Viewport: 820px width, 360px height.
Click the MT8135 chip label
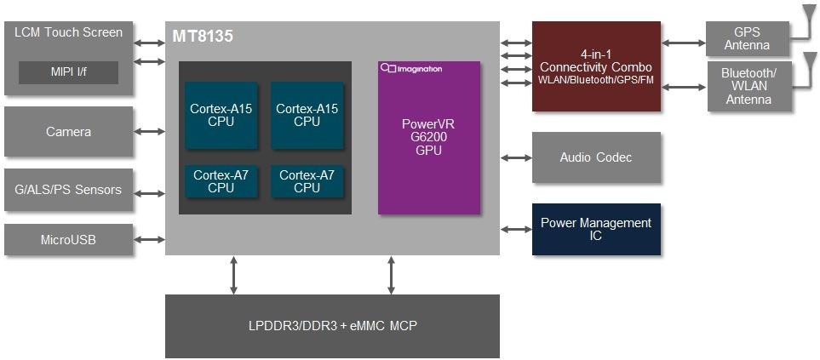[203, 37]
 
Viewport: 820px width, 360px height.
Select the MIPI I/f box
[68, 72]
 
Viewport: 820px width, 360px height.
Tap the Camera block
[68, 132]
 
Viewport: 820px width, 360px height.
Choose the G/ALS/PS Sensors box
[68, 190]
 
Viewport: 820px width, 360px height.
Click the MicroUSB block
[68, 240]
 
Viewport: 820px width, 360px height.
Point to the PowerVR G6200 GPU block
[428, 137]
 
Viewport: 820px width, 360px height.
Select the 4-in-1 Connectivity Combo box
[595, 66]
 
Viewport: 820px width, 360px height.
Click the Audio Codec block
[595, 157]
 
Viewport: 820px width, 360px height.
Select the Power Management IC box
[595, 229]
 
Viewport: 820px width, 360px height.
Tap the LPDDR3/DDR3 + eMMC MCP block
[332, 326]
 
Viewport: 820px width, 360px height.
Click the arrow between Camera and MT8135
[149, 131]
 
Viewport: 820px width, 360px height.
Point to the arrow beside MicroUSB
[149, 240]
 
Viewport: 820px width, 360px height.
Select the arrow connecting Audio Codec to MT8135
[516, 157]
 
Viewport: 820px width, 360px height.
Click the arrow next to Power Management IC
[516, 229]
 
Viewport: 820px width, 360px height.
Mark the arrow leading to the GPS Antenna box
[684, 42]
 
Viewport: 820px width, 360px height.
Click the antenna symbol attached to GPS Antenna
[806, 15]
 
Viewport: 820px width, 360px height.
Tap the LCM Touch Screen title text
[68, 33]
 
